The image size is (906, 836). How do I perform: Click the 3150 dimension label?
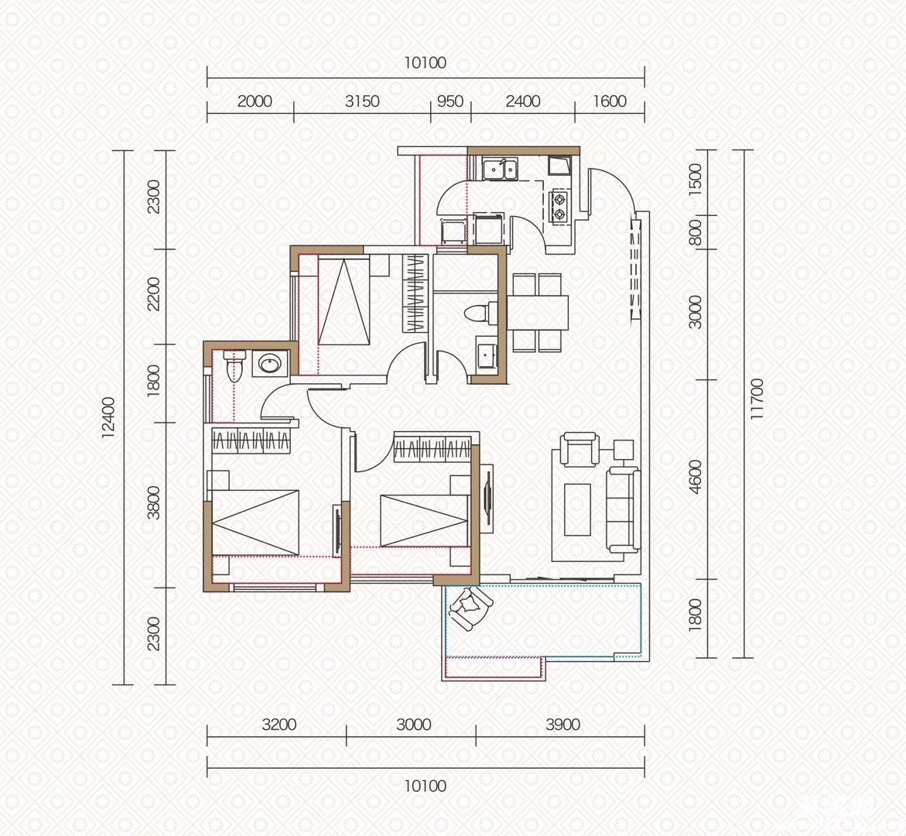[362, 101]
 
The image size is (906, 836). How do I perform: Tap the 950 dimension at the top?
[450, 101]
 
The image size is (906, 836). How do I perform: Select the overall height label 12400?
[108, 417]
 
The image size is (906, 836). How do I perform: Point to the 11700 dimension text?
[757, 399]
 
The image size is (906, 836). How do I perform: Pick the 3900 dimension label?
[562, 725]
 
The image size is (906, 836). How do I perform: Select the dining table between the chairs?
[538, 312]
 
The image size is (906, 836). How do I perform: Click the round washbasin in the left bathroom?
[268, 365]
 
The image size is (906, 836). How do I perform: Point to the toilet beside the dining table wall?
[478, 313]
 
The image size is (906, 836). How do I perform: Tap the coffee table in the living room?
[577, 509]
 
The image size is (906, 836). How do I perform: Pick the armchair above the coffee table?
[579, 449]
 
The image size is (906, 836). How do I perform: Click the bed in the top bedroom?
[344, 300]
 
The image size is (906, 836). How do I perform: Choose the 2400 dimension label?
[523, 101]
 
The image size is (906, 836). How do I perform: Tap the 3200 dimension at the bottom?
[279, 725]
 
